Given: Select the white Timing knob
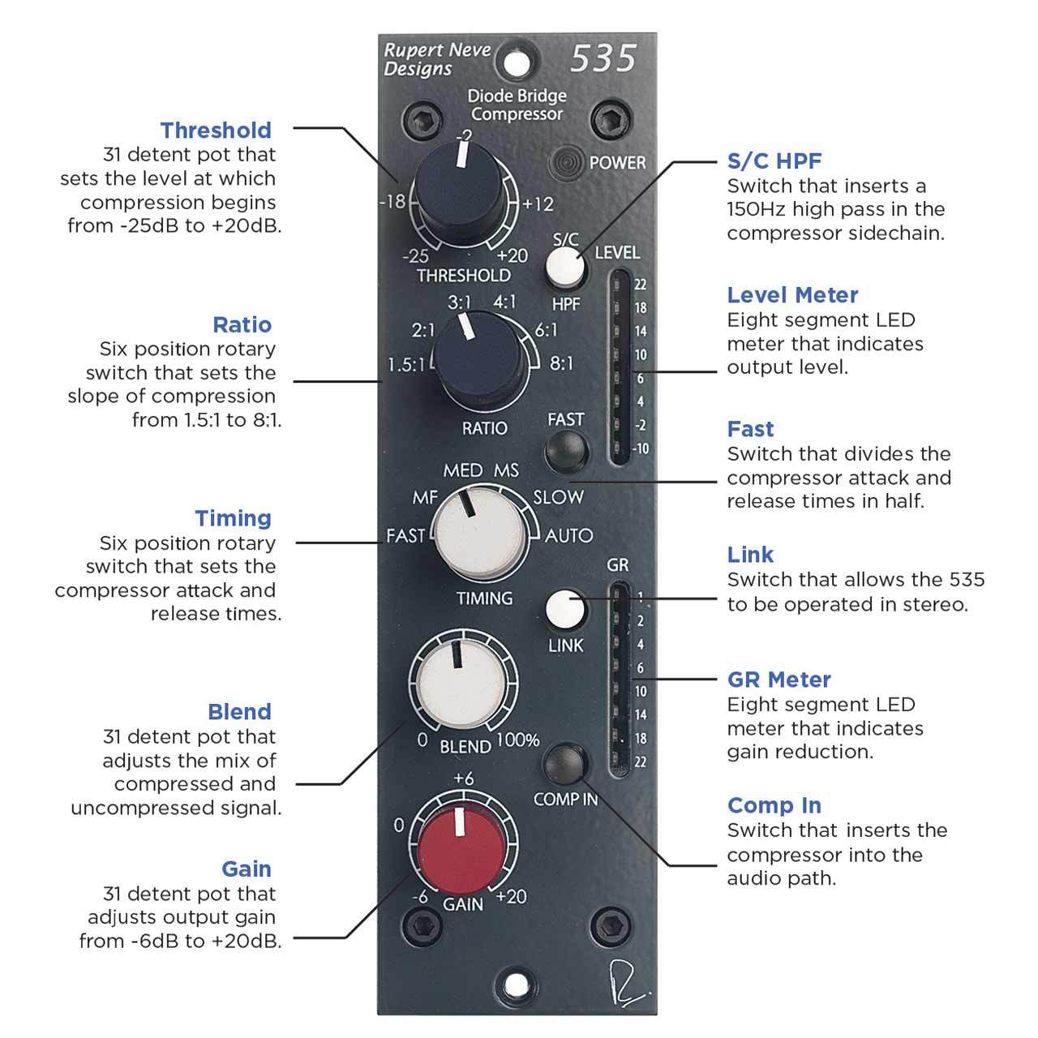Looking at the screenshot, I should pyautogui.click(x=478, y=535).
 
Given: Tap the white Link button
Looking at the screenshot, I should pyautogui.click(x=565, y=610).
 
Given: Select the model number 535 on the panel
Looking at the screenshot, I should pyautogui.click(x=603, y=59).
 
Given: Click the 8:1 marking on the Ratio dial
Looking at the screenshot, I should pyautogui.click(x=561, y=363).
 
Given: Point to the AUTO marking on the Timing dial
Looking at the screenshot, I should pyautogui.click(x=568, y=535).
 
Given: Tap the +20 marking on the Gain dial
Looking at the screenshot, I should pyautogui.click(x=511, y=897).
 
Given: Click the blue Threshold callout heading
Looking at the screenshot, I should pyautogui.click(x=216, y=130).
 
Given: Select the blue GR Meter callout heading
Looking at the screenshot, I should pyautogui.click(x=778, y=680).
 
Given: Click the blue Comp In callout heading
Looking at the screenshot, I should pyautogui.click(x=774, y=805).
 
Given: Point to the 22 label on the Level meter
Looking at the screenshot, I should pyautogui.click(x=641, y=285).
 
